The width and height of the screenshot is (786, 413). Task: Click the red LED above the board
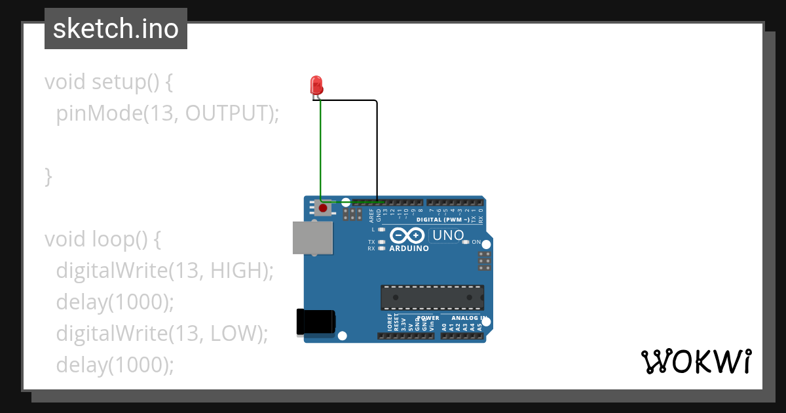click(316, 85)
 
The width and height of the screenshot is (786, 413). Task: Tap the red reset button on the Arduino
click(322, 208)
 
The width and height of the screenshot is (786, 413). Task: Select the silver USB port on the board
click(312, 237)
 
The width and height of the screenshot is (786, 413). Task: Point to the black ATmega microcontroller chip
click(432, 297)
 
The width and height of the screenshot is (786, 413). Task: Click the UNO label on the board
click(449, 235)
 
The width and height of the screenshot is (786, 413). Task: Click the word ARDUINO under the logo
click(409, 249)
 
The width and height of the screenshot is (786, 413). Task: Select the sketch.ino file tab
click(116, 29)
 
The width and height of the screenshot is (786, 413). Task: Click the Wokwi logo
click(696, 361)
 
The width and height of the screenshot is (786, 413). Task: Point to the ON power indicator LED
click(466, 243)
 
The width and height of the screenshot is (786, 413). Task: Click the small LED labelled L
click(381, 229)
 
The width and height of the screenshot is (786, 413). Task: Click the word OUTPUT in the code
click(227, 113)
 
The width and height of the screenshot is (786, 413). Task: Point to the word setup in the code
click(118, 82)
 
